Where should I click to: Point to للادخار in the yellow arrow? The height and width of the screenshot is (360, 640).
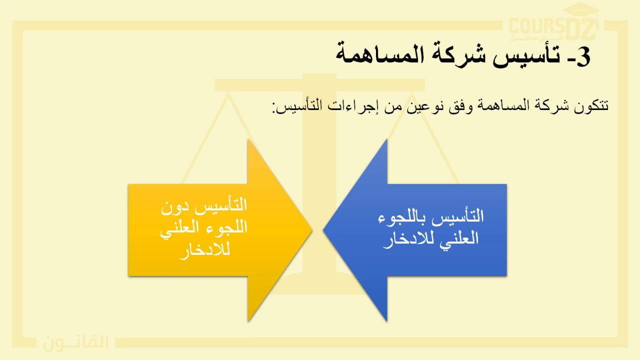tap(204, 249)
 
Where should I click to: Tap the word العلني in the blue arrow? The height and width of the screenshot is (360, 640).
tap(457, 238)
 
